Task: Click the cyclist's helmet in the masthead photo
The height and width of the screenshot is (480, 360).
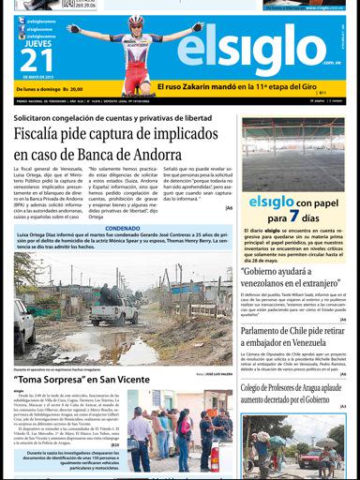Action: (x=136, y=21)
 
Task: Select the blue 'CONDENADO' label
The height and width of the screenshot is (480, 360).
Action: (x=122, y=227)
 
